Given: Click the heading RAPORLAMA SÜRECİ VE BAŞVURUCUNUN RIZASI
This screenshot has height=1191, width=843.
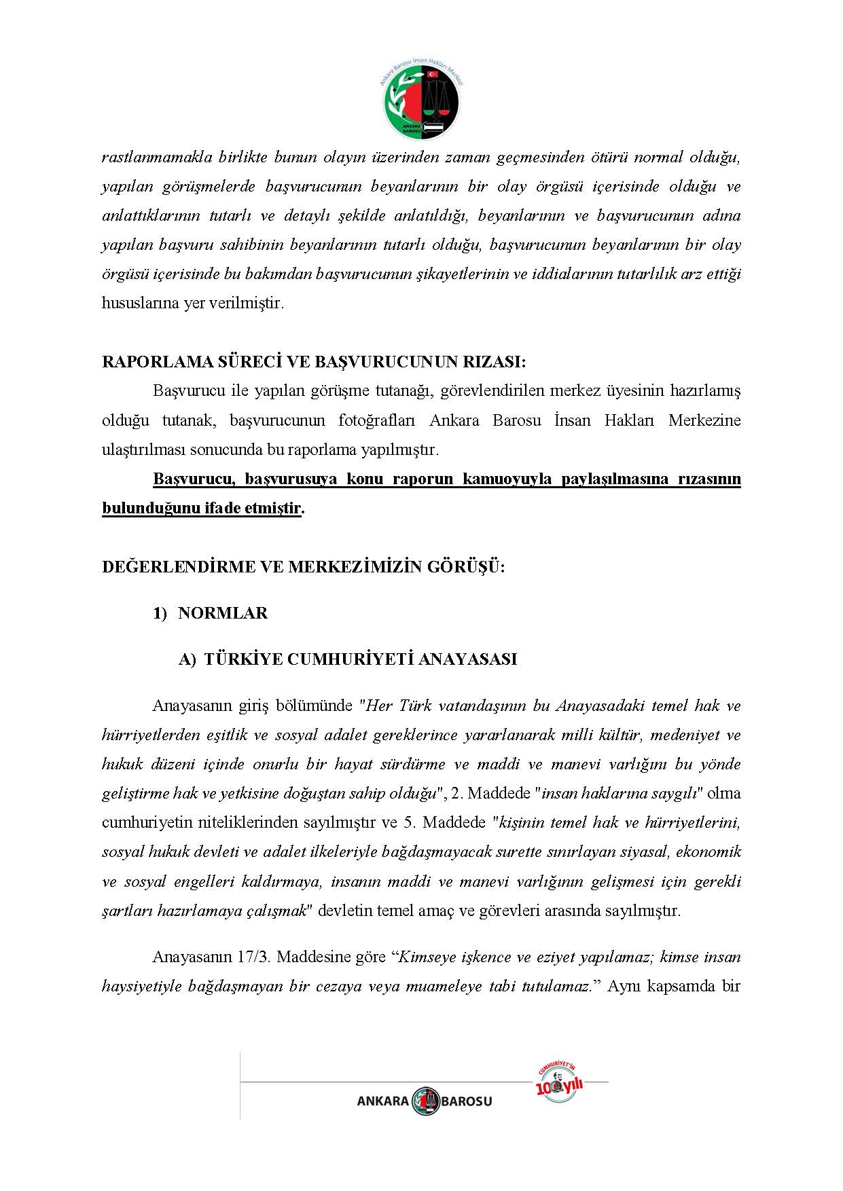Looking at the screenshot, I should [314, 362].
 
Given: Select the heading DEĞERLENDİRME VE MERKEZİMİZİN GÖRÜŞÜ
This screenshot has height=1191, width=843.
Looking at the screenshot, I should [303, 567].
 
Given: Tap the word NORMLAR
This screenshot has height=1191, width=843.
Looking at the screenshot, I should [223, 613].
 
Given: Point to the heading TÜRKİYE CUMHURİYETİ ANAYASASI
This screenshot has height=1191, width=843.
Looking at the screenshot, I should [360, 659].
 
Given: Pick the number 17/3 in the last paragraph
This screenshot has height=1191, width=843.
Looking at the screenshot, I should [253, 957].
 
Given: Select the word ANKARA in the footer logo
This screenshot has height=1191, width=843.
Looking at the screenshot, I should [383, 1101].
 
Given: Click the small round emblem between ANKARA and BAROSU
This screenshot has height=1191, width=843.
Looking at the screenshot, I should [425, 1101].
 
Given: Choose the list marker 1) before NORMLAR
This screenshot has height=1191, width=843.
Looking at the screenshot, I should [160, 614].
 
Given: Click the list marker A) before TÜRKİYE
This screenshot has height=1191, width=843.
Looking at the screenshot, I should [187, 660].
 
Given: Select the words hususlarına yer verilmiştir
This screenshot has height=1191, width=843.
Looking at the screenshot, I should [192, 304].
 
